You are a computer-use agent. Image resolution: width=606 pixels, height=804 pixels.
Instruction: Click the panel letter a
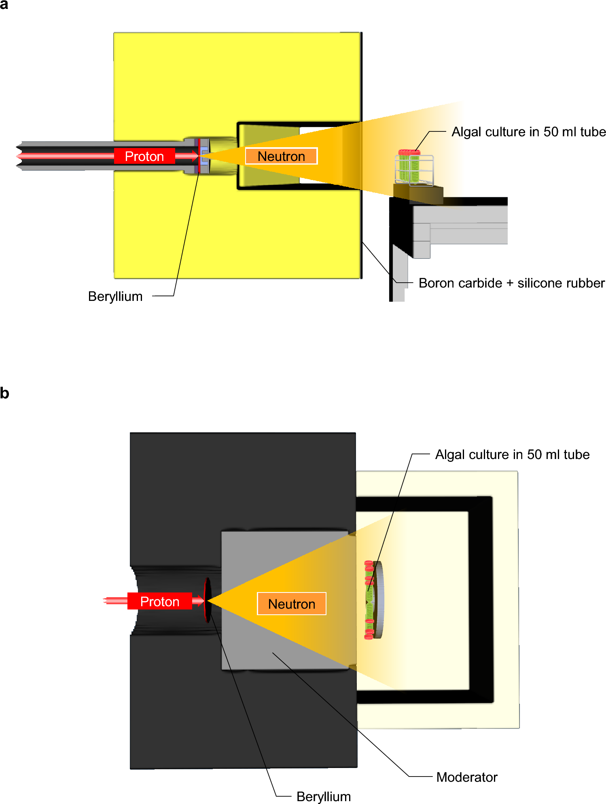4,5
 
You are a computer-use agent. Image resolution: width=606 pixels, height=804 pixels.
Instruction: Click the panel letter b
4,393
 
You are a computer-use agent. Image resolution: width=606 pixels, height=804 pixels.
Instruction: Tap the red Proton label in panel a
144,156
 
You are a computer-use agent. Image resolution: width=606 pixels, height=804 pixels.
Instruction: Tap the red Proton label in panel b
159,601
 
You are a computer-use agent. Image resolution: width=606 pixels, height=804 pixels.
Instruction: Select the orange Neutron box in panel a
281,156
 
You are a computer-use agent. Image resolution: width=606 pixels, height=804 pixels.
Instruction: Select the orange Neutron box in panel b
291,604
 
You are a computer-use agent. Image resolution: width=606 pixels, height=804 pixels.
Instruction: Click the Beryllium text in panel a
115,296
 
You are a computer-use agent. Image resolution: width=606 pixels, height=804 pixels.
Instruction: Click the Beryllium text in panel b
323,796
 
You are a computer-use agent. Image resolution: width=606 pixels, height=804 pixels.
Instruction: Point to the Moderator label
466,777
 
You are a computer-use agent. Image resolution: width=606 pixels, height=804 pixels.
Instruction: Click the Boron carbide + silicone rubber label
511,283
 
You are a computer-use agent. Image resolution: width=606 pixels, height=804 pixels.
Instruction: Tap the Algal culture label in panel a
528,132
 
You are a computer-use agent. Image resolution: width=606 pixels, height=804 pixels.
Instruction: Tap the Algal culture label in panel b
512,455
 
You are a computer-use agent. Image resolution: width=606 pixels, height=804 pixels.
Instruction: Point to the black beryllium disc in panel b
208,600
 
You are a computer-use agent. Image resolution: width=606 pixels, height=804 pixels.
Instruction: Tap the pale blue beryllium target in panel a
204,156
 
